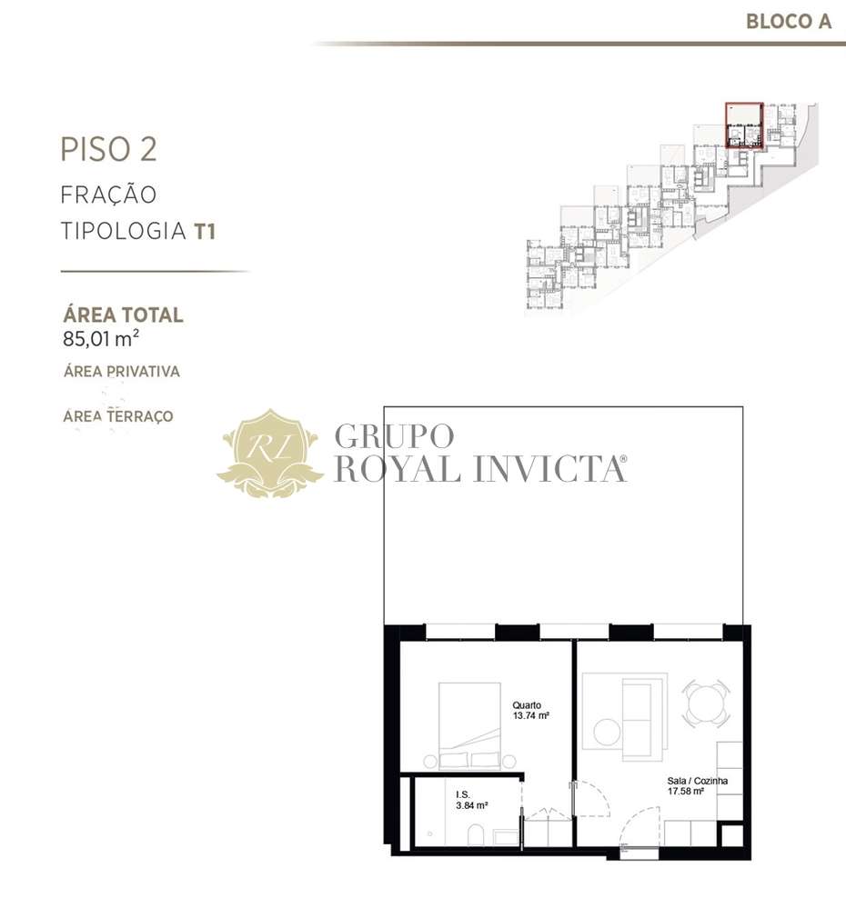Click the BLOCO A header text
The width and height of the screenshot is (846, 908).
pos(788,21)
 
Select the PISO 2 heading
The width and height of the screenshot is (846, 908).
pos(108,149)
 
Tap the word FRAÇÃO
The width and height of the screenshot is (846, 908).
pos(108,195)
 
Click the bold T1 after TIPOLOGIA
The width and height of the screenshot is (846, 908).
pos(204,231)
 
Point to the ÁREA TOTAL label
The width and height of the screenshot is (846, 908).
pos(123,315)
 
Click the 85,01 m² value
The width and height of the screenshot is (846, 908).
pos(101,341)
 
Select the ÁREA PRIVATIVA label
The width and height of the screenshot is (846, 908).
pos(121,371)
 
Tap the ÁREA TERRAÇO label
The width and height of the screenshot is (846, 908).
pos(118,416)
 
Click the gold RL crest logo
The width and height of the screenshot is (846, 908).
pos(270,453)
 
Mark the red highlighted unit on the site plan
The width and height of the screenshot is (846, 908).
pos(743,125)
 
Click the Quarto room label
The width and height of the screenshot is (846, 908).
pos(527,704)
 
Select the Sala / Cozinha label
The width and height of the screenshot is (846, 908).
pos(696,780)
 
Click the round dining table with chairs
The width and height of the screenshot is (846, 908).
pos(706,703)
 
